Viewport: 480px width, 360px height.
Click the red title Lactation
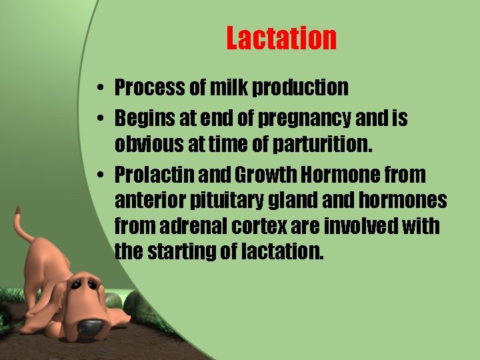281,38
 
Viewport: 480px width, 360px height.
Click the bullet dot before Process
98,88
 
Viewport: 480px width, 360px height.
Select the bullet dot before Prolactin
98,176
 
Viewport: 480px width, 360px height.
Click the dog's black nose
89,327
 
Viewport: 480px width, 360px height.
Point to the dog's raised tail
24,230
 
